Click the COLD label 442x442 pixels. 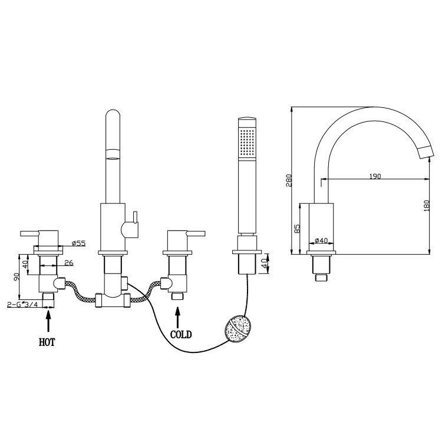pyautogui.click(x=181, y=334)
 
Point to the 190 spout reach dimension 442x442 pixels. pyautogui.click(x=375, y=176)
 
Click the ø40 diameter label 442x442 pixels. pyautogui.click(x=321, y=240)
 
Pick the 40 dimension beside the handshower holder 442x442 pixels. pyautogui.click(x=264, y=260)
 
